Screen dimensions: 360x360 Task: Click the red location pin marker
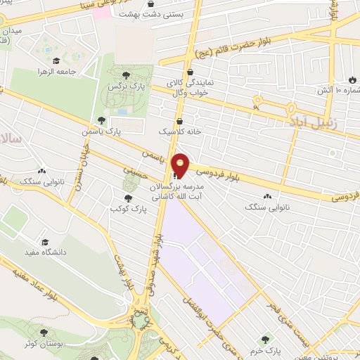click(181, 166)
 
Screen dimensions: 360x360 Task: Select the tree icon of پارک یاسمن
click(102, 120)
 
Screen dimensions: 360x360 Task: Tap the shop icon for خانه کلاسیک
click(180, 120)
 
